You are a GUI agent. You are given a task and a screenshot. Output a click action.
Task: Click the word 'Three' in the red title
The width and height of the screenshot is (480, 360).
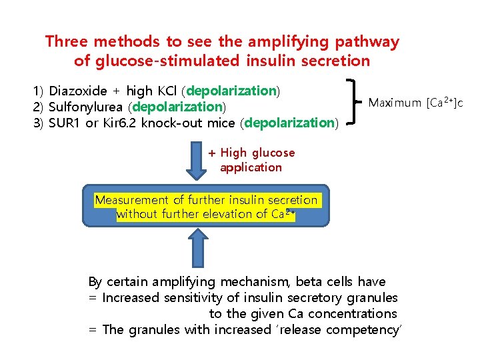tap(67, 41)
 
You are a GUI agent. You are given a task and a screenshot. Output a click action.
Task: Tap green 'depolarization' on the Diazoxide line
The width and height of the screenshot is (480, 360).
tap(233, 91)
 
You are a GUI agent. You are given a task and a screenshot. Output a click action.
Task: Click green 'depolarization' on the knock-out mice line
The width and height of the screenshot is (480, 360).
tap(291, 123)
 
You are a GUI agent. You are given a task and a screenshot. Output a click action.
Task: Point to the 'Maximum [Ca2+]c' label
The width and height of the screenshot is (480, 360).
tap(415, 103)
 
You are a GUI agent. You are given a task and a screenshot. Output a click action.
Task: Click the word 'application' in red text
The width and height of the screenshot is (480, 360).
tap(251, 167)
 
